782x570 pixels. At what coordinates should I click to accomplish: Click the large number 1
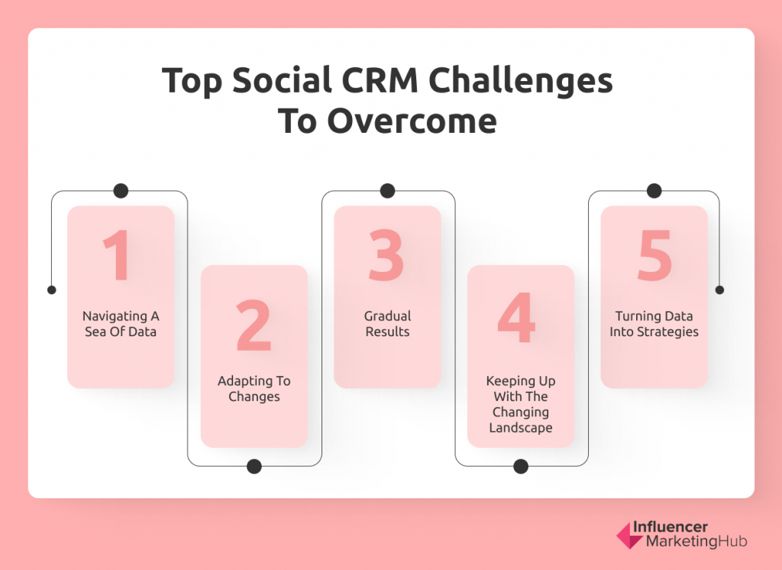click(x=118, y=255)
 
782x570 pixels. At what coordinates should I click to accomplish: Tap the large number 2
click(x=254, y=325)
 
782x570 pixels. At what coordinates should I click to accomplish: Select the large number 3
click(x=386, y=255)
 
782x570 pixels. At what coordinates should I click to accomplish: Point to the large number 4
click(x=516, y=318)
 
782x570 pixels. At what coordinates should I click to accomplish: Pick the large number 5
click(x=654, y=255)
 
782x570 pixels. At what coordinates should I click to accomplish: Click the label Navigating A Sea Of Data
click(x=121, y=324)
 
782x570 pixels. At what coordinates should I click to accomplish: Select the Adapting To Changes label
click(x=254, y=389)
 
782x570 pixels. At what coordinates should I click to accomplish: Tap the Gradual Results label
click(x=387, y=324)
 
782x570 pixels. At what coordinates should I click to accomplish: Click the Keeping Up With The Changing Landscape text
click(x=521, y=404)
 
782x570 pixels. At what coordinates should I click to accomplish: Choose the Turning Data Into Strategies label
click(x=654, y=324)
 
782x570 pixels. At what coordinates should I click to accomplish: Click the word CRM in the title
click(x=380, y=80)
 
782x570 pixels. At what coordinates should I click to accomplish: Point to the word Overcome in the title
click(x=412, y=121)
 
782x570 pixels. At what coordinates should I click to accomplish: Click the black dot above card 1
click(x=121, y=191)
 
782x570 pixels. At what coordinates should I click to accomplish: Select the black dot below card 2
click(x=254, y=466)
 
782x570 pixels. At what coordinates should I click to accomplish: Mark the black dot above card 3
click(x=387, y=191)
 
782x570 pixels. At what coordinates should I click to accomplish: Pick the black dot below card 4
click(x=521, y=466)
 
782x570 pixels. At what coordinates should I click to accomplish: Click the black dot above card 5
click(x=654, y=191)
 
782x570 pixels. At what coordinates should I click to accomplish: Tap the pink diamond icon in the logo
click(x=629, y=536)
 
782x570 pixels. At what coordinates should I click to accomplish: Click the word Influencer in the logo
click(x=671, y=527)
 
